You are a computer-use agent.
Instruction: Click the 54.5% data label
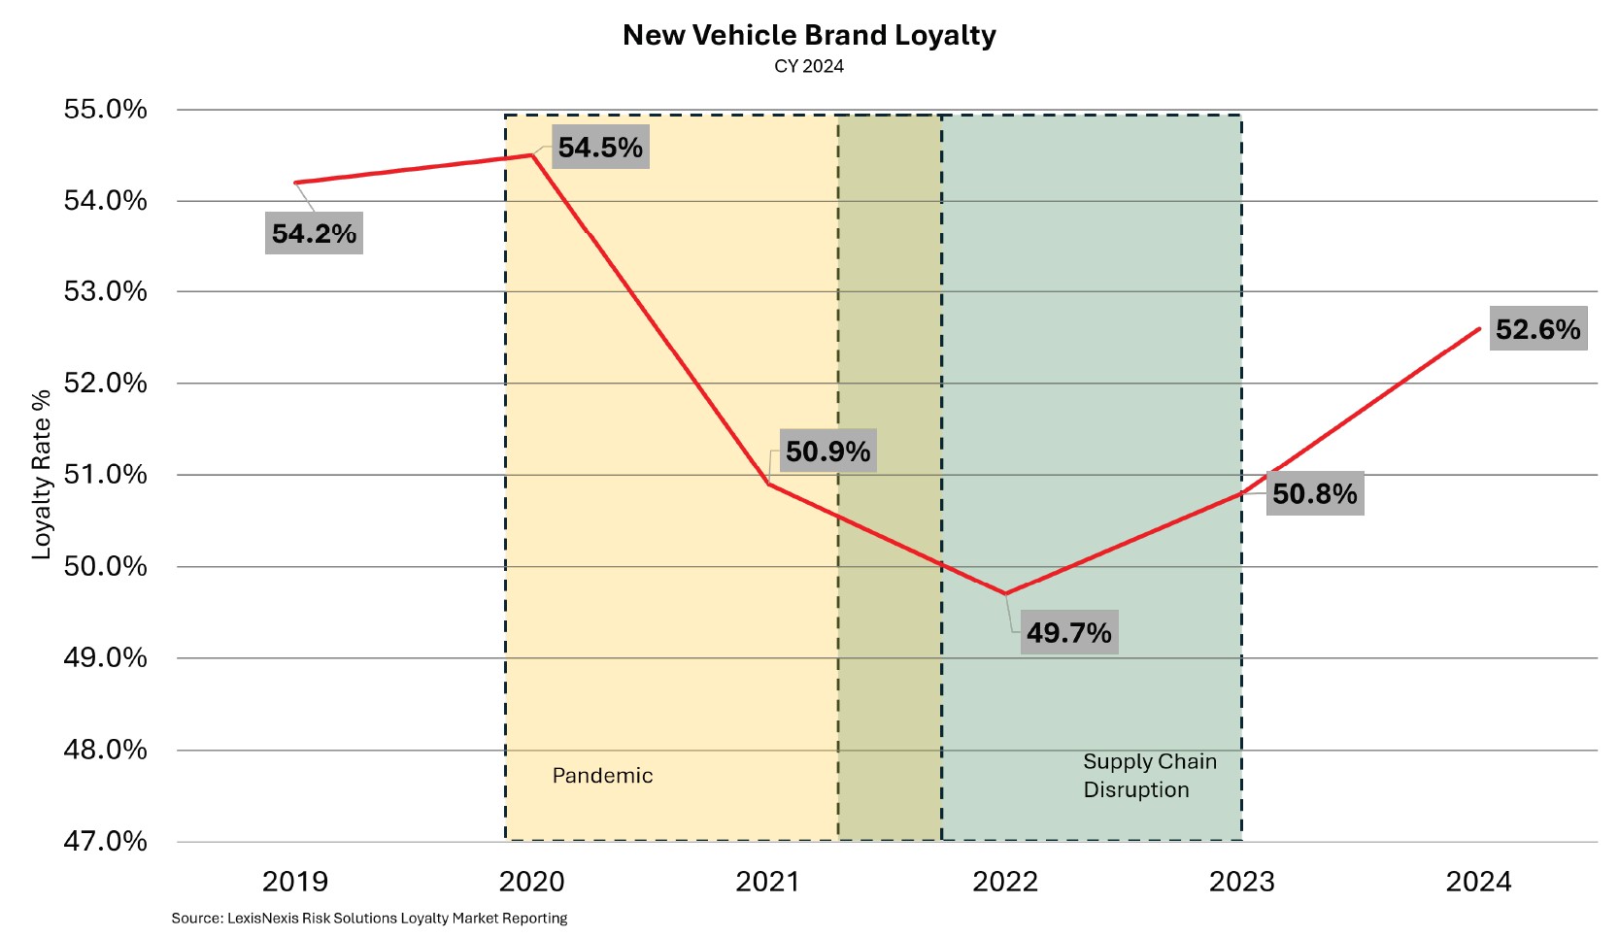[x=600, y=148]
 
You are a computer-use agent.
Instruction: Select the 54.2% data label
[x=314, y=234]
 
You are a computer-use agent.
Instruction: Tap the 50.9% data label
[x=827, y=452]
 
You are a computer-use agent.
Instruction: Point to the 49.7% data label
[x=1068, y=633]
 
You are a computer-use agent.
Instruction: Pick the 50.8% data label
[x=1315, y=494]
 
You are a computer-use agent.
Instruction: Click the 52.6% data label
[x=1537, y=330]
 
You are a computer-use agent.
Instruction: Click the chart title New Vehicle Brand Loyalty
[x=809, y=36]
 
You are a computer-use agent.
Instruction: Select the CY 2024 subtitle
[x=809, y=67]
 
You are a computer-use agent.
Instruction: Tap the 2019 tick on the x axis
[x=295, y=882]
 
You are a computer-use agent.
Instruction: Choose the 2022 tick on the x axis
[x=1005, y=882]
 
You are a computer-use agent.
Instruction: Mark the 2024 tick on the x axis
[x=1478, y=882]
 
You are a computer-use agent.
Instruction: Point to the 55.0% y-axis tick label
[x=106, y=110]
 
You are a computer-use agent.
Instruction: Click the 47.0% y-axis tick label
[x=106, y=841]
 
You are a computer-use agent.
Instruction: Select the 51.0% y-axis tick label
[x=106, y=475]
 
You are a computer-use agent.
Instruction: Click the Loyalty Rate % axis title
[x=42, y=475]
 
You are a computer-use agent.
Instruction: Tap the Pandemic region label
[x=602, y=776]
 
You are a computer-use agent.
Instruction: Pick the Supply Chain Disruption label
[x=1149, y=776]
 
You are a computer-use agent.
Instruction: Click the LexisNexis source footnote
[x=369, y=919]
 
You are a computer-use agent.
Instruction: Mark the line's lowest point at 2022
[x=1005, y=593]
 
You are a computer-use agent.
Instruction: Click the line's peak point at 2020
[x=532, y=154]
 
